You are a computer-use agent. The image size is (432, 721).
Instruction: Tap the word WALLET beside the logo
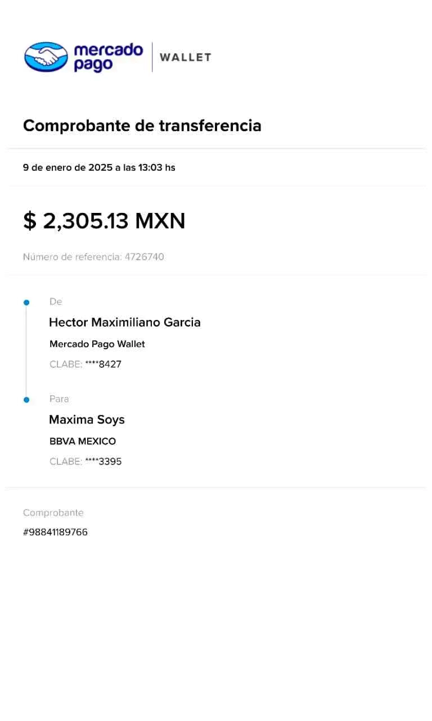click(x=184, y=57)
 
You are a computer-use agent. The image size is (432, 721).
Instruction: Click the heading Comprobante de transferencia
click(x=142, y=126)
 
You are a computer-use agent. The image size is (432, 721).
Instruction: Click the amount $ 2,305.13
click(x=76, y=221)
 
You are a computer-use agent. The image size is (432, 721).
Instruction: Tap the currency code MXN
click(x=160, y=221)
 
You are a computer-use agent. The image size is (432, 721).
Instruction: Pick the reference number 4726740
click(x=145, y=257)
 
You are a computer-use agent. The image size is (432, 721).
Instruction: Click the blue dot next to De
click(x=26, y=302)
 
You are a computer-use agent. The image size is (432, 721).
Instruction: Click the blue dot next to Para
click(x=26, y=400)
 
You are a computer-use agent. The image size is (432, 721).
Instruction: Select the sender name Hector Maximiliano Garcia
click(x=125, y=322)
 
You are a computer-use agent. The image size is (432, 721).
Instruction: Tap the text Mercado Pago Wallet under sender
click(x=97, y=344)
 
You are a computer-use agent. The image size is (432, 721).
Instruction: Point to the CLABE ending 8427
click(x=110, y=364)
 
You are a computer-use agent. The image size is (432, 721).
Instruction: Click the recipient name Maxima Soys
click(x=87, y=420)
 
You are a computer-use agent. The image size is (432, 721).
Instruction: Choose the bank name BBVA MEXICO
click(x=83, y=442)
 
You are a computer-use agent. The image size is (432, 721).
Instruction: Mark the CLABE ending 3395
click(x=110, y=462)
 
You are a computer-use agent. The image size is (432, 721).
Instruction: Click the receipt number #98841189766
click(x=56, y=532)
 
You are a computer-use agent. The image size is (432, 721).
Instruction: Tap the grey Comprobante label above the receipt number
click(x=53, y=513)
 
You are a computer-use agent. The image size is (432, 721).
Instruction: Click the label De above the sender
click(x=56, y=302)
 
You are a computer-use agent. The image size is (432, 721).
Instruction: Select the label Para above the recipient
click(x=60, y=399)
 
